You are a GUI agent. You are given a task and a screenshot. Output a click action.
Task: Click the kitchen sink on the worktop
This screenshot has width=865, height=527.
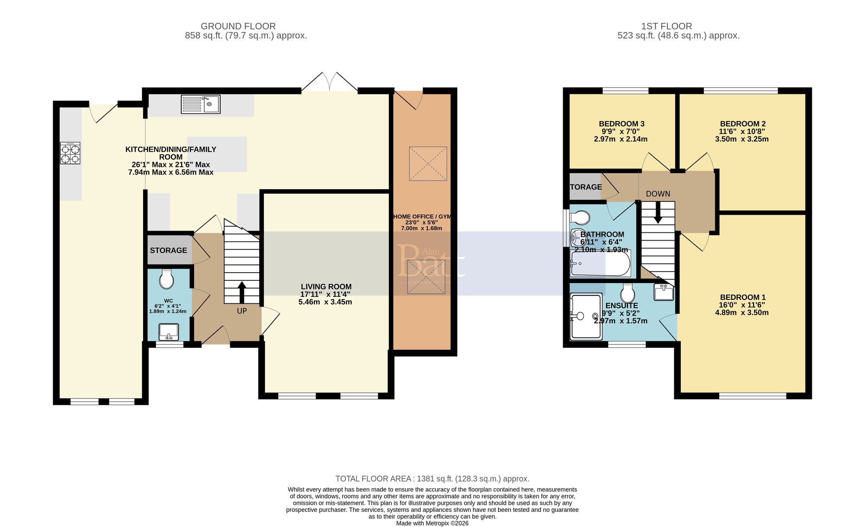click(x=200, y=104)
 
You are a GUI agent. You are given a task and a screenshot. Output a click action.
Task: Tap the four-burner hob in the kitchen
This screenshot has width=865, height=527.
click(x=70, y=153)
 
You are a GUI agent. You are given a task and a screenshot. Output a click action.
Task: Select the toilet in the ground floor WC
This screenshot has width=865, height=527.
click(x=167, y=279)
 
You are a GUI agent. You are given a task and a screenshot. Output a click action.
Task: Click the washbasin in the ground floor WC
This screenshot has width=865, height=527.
click(x=169, y=332)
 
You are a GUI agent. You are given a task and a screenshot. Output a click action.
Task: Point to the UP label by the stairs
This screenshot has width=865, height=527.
click(x=242, y=311)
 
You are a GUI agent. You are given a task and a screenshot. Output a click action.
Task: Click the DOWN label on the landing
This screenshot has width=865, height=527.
click(x=658, y=194)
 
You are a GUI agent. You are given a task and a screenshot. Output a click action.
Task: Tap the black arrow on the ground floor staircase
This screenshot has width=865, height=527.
click(x=242, y=292)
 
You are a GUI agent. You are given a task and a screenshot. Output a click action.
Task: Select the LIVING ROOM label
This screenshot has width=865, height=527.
click(x=326, y=286)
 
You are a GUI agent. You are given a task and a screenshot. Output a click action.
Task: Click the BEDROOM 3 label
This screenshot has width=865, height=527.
click(x=622, y=124)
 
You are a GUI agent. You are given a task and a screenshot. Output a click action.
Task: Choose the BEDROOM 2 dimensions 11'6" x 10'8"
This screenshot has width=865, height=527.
click(x=742, y=132)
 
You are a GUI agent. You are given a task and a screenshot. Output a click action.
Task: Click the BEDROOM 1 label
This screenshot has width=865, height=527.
click(x=743, y=297)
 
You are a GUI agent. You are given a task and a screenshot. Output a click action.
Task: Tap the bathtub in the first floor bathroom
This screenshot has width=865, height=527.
click(x=600, y=263)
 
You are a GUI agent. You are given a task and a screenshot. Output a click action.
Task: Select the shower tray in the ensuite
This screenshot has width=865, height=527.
click(x=586, y=316)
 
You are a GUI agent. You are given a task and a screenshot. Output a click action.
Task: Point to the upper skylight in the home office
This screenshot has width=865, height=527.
click(x=428, y=164)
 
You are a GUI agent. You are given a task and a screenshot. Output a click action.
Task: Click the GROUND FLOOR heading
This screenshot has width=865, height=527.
click(x=238, y=26)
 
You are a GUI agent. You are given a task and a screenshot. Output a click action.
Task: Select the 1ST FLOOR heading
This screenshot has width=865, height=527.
click(x=666, y=26)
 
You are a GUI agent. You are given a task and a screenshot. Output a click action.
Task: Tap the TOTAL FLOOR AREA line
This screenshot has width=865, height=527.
click(x=432, y=479)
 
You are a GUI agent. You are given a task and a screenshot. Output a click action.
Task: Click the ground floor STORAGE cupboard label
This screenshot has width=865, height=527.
click(x=168, y=251)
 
